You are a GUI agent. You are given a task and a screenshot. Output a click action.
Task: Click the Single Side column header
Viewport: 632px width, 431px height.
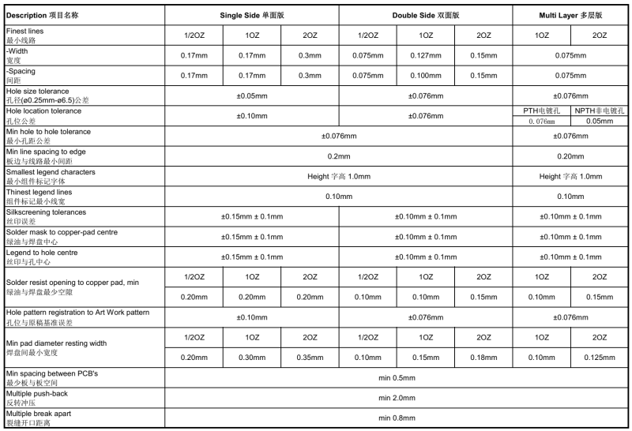pyautogui.click(x=251, y=15)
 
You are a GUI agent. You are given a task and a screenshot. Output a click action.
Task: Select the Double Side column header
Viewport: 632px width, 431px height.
pyautogui.click(x=426, y=15)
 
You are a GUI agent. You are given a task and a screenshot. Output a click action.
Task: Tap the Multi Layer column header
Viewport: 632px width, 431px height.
pyautogui.click(x=570, y=15)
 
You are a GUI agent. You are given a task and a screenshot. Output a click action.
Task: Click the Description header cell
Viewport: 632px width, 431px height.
pyautogui.click(x=43, y=15)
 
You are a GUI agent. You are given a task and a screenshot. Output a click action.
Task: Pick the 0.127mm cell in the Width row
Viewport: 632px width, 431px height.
pyautogui.click(x=426, y=55)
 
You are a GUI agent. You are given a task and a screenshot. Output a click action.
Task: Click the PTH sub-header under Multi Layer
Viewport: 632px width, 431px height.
pyautogui.click(x=541, y=111)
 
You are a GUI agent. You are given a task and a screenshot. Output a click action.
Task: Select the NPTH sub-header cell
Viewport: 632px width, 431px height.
pyautogui.click(x=599, y=111)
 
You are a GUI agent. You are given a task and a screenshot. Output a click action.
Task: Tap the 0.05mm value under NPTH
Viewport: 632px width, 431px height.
pyautogui.click(x=599, y=121)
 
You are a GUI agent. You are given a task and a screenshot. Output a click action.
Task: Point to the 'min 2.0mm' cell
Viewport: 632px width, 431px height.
pyautogui.click(x=397, y=397)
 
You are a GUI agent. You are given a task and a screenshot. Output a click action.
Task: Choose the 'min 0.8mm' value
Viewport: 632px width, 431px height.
pyautogui.click(x=397, y=418)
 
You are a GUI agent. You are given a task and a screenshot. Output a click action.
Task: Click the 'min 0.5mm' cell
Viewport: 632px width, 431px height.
pyautogui.click(x=397, y=377)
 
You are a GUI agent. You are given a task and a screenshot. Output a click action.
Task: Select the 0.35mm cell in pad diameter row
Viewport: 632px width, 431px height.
pyautogui.click(x=310, y=357)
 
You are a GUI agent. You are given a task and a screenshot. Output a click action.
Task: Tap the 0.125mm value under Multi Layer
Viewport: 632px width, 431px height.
pyautogui.click(x=599, y=357)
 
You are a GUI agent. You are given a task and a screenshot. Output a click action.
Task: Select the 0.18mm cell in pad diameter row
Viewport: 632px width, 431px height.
pyautogui.click(x=483, y=357)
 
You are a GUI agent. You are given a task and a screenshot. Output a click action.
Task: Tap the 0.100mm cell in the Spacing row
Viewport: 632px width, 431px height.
pyautogui.click(x=426, y=75)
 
